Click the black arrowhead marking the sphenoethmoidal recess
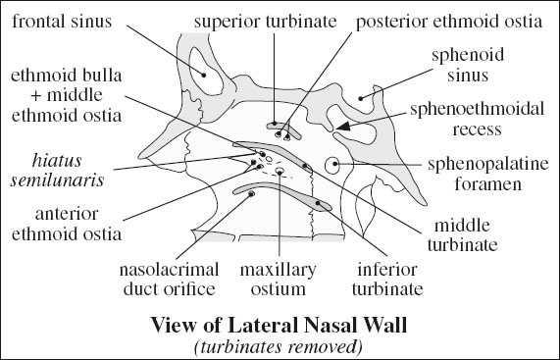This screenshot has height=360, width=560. pyautogui.click(x=343, y=127)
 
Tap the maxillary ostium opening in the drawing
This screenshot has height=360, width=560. pyautogui.click(x=280, y=173)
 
